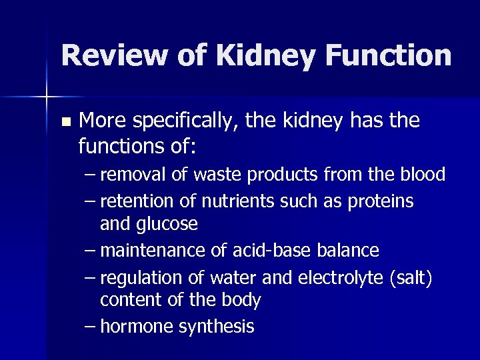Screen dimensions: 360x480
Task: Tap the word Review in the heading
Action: (109, 55)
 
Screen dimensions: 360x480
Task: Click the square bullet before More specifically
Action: (65, 123)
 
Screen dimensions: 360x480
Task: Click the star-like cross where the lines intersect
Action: (46, 97)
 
